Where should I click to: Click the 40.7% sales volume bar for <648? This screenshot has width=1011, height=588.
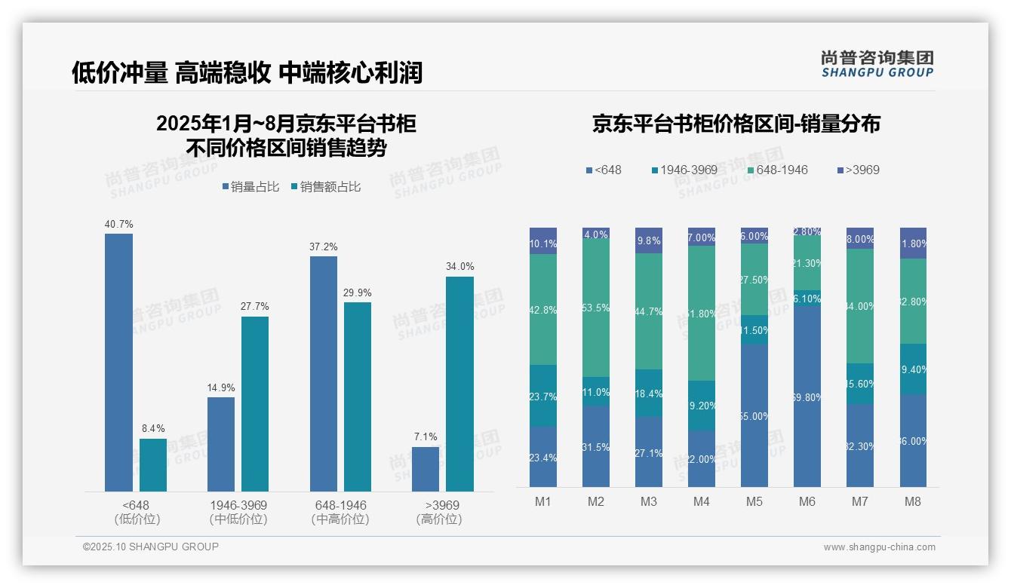point(118,362)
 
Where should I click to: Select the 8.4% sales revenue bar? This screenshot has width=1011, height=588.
point(153,465)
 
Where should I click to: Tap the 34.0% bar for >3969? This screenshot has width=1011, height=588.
point(459,384)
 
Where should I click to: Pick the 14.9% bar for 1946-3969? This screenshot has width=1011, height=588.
point(221,444)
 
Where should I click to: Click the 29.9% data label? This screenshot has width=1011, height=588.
point(357,292)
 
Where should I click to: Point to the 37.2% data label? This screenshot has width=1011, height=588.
point(323,247)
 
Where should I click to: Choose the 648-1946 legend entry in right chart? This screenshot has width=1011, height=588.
point(777,170)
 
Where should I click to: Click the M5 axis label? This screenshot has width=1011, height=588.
point(754,501)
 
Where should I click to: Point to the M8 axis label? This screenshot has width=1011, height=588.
point(913,501)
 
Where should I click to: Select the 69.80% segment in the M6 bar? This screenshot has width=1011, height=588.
point(807,396)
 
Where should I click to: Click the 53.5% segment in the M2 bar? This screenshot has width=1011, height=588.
point(596,308)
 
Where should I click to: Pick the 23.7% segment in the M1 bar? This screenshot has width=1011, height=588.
point(543,396)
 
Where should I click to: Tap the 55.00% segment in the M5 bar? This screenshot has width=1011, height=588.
point(754,415)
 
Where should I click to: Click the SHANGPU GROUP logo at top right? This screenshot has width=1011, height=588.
point(877,64)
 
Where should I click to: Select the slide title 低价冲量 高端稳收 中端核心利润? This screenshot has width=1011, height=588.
point(247,72)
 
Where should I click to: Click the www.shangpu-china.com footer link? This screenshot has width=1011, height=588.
point(879,547)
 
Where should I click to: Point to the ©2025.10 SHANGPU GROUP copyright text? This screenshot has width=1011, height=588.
point(151,547)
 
